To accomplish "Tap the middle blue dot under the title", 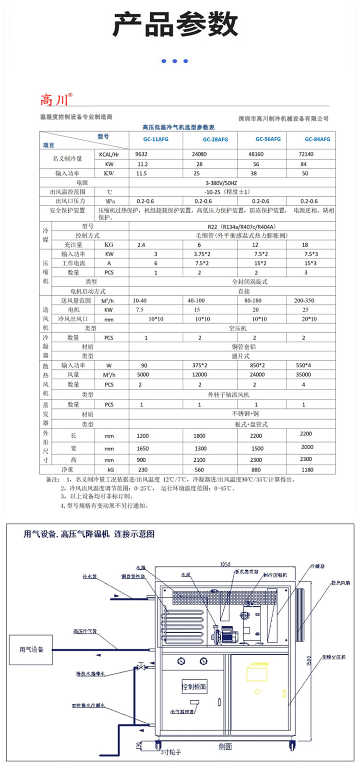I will coord(175,61).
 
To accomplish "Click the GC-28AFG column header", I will coord(215,140).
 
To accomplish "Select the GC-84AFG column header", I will coord(317,139).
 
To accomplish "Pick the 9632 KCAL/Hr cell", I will coord(142,155).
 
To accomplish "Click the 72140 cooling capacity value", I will coord(306,155).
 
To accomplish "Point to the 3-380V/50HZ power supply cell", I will coord(228,183).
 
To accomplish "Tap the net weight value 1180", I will coord(307,470).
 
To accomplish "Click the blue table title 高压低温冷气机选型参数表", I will coord(179,127).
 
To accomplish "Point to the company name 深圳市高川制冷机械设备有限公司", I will coord(283,119).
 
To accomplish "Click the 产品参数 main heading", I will coord(175,24).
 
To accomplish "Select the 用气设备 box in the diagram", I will coord(31,649).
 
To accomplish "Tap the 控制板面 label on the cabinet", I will coord(194,686).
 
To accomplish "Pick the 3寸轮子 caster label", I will coord(171,752).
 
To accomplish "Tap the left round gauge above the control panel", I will coord(181,661).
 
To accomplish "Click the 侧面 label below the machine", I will coord(225,747).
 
